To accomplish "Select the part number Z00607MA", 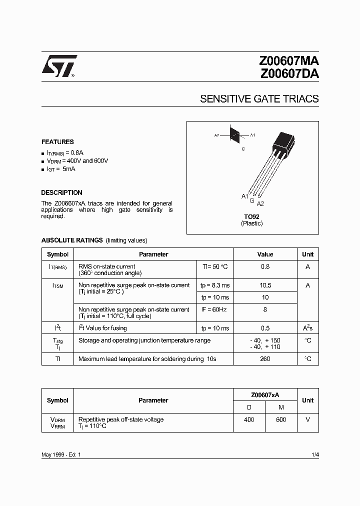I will click(288, 62).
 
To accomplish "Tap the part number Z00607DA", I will click(288, 74).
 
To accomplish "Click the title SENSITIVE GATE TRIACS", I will click(259, 99).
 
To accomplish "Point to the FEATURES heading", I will click(57, 142).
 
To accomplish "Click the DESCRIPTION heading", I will click(61, 192).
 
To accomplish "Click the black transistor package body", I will click(283, 145).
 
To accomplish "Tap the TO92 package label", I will click(251, 217).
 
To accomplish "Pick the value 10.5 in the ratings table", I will click(265, 285).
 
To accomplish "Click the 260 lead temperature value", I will click(265, 359).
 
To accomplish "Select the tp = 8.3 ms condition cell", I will click(215, 285).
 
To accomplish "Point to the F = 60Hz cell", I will click(214, 309).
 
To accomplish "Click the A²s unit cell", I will click(307, 328).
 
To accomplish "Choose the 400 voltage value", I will click(249, 419).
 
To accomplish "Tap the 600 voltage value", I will click(281, 419).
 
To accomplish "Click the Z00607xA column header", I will click(265, 394).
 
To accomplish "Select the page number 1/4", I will click(314, 454).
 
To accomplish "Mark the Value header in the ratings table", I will click(265, 254).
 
